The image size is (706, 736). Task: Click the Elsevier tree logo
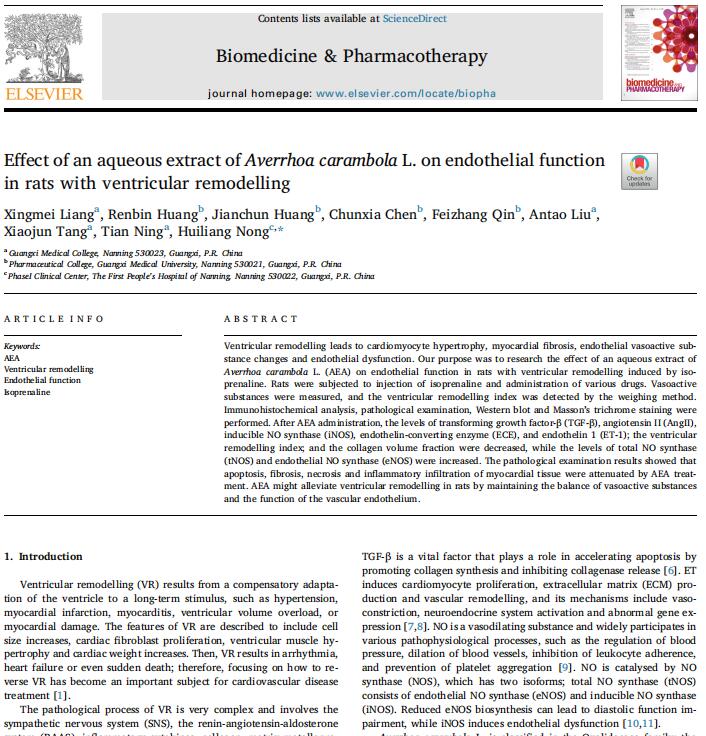pos(44,44)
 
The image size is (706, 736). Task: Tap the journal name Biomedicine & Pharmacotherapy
pos(352,56)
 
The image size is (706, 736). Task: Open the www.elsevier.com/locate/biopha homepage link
pos(405,94)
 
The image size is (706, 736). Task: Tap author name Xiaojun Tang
pos(45,232)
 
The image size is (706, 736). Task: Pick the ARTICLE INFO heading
pos(54,319)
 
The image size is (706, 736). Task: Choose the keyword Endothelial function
pos(42,381)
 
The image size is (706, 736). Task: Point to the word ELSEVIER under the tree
pos(44,95)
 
